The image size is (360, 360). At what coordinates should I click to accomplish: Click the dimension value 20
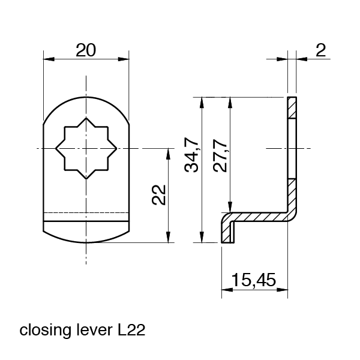(86, 50)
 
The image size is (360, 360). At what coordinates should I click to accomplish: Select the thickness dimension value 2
(321, 50)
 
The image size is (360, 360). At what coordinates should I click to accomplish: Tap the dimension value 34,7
(191, 155)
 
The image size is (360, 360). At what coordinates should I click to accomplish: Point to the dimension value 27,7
(220, 155)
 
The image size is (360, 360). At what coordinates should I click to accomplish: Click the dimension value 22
(158, 195)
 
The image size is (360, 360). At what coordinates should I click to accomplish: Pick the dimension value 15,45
(254, 280)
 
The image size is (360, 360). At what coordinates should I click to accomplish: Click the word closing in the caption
(43, 330)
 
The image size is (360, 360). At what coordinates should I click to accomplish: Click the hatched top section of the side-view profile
(292, 107)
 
